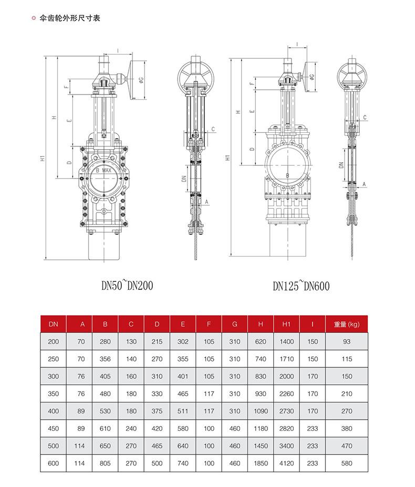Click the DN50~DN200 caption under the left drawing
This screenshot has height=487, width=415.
click(x=127, y=285)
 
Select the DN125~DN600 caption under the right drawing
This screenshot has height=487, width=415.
click(x=301, y=285)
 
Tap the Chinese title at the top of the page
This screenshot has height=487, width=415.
click(x=70, y=18)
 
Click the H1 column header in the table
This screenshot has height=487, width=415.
click(x=286, y=324)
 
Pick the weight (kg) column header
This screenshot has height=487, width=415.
click(x=347, y=324)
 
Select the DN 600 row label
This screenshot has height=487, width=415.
click(x=53, y=463)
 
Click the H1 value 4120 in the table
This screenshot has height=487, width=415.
click(x=286, y=463)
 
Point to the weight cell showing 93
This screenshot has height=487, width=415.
click(x=347, y=341)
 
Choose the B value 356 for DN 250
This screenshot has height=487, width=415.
click(x=105, y=359)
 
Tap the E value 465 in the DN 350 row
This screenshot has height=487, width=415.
click(x=183, y=394)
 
